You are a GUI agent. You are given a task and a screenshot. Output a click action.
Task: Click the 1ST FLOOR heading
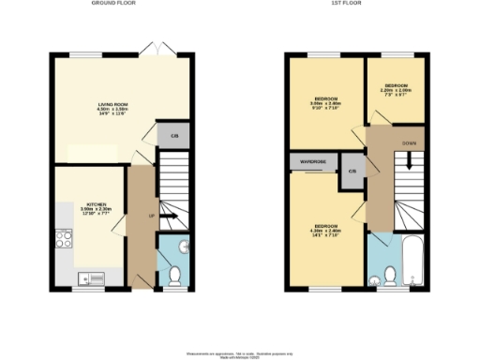(354, 4)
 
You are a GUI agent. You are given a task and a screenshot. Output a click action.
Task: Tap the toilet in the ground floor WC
(173, 275)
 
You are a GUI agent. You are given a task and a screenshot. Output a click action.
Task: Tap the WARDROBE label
(313, 162)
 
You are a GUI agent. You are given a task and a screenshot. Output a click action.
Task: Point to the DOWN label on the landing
(410, 143)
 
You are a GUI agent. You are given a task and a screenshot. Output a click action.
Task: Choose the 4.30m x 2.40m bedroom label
(326, 231)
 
